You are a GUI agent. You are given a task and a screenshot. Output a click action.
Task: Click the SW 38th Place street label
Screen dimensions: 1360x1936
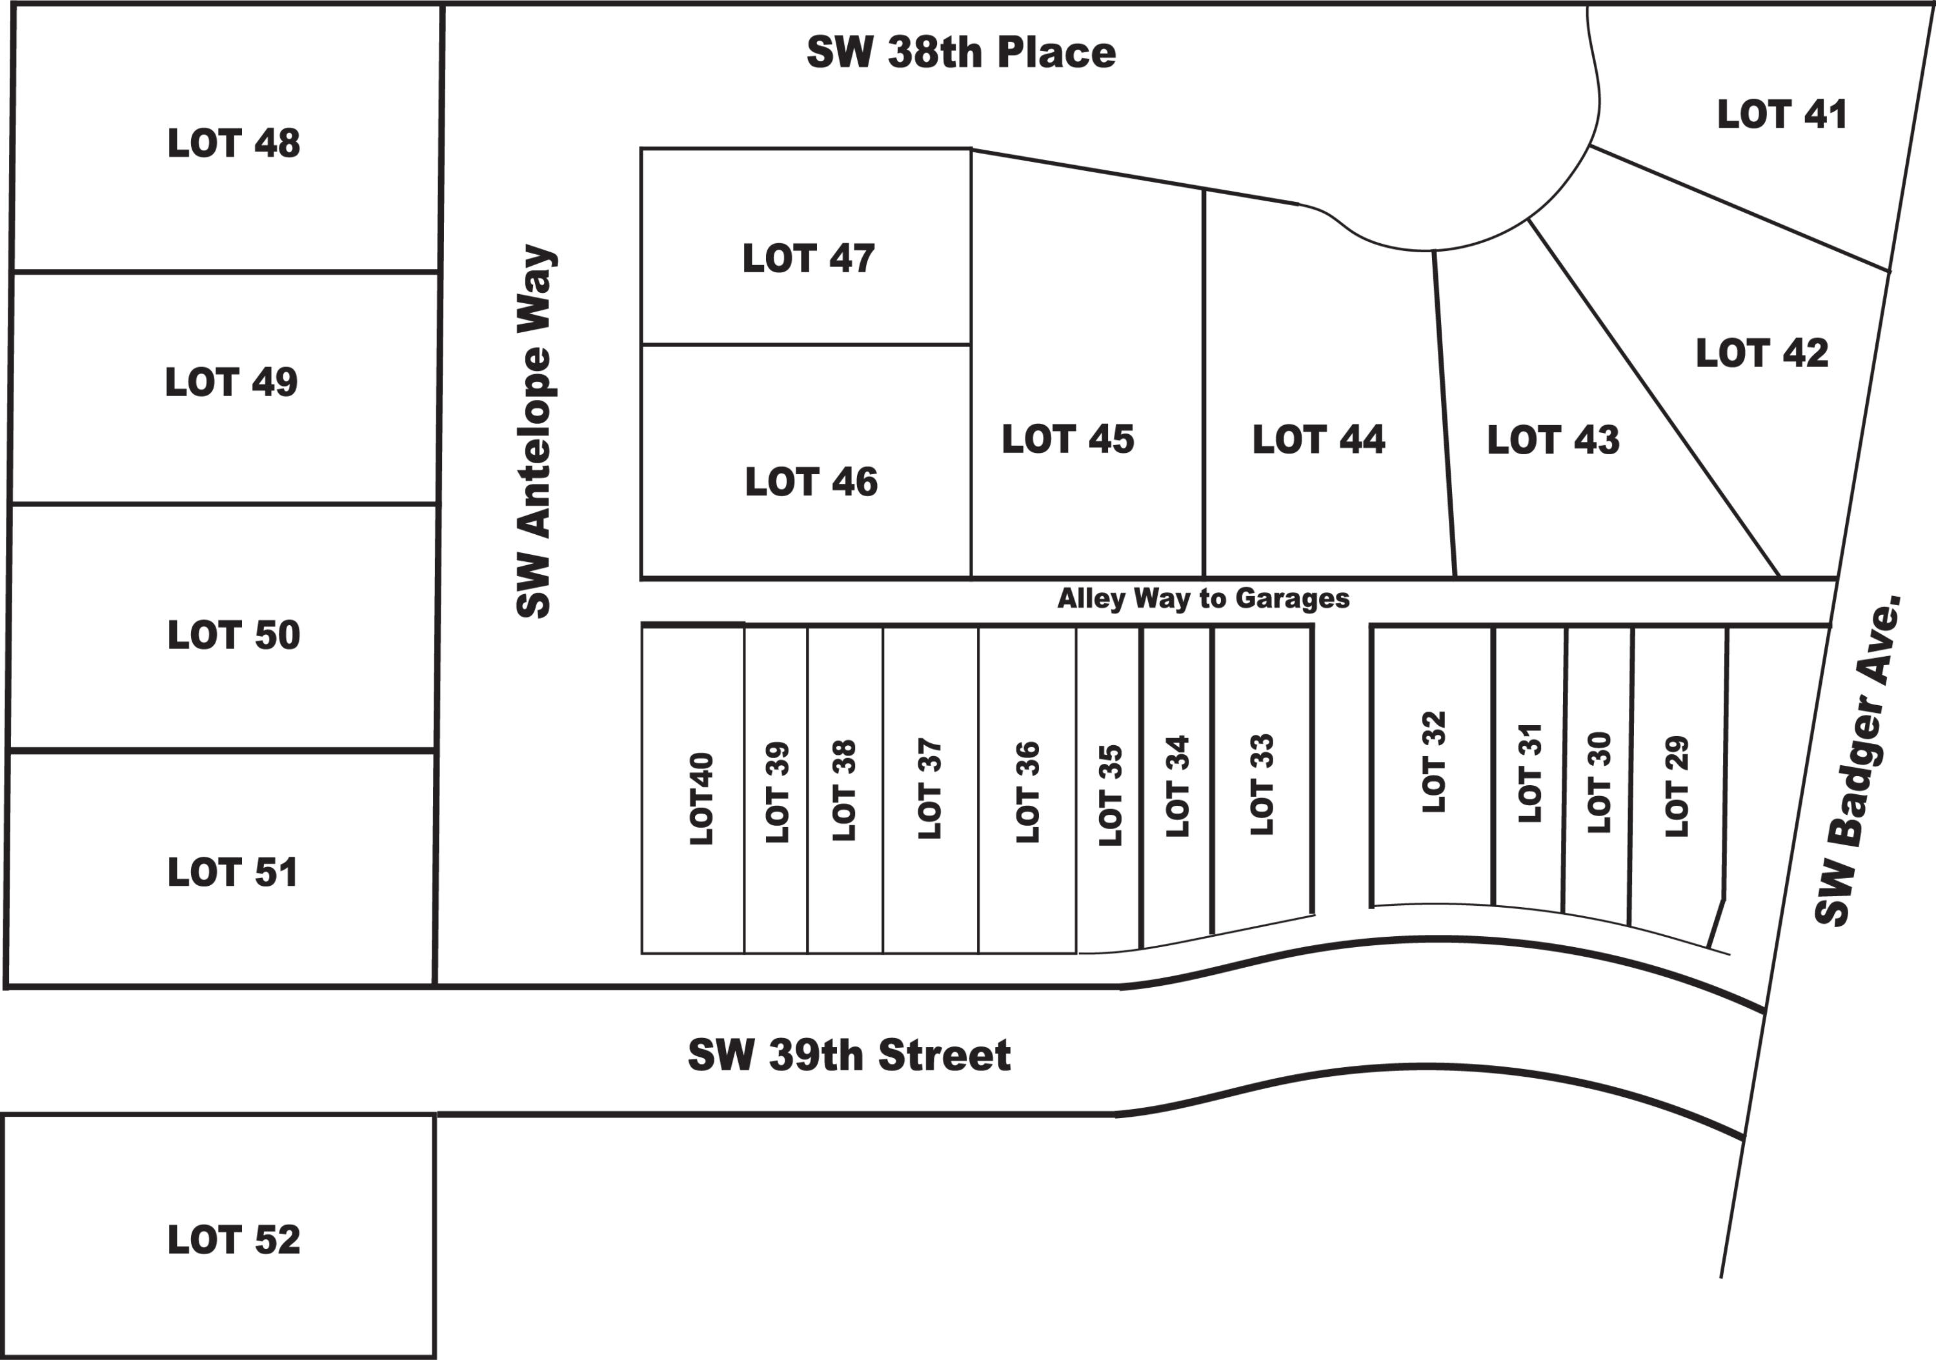(962, 52)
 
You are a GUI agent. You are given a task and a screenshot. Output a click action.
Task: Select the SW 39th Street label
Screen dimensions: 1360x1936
(849, 1055)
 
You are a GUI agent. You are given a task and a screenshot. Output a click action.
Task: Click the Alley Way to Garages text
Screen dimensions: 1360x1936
(1204, 599)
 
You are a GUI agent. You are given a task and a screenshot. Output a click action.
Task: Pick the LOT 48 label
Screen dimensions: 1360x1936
(234, 143)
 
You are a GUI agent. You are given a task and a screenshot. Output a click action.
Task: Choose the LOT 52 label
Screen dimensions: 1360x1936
(234, 1239)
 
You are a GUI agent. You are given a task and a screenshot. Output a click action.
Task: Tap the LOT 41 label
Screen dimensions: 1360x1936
(1782, 115)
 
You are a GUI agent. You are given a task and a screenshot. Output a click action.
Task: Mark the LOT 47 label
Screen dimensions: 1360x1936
(808, 258)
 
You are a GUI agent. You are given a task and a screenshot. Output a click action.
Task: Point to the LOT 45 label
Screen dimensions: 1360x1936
(1067, 439)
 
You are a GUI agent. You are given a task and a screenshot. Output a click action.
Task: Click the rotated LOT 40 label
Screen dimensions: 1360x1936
(701, 799)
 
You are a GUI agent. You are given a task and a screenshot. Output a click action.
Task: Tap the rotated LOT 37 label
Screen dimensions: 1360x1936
(929, 788)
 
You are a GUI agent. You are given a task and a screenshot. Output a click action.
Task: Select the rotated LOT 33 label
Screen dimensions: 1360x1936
(1262, 785)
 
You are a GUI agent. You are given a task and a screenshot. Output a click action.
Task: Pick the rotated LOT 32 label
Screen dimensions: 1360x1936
(1433, 762)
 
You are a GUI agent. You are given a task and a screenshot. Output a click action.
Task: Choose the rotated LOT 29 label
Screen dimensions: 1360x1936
(1677, 786)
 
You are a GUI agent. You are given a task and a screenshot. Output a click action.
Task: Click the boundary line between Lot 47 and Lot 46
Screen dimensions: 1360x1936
(806, 345)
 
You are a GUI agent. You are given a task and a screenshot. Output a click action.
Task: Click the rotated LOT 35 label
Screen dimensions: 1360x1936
(1111, 795)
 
